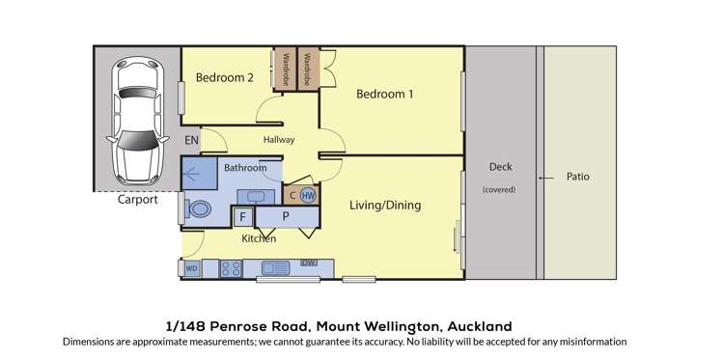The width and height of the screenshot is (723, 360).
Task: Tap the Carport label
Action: coord(138,201)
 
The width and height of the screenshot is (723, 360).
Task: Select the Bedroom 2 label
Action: coord(224,77)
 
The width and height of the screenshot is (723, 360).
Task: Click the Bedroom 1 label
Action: coord(384,94)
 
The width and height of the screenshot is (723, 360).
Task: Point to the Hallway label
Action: coord(279,140)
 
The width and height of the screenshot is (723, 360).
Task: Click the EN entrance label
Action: coord(192,141)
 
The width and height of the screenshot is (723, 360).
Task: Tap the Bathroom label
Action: coord(245,168)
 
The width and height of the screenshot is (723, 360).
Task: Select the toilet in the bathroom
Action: coord(200,207)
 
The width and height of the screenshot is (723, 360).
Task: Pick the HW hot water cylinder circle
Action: coord(308,195)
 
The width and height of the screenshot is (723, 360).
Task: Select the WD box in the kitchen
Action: coord(192,267)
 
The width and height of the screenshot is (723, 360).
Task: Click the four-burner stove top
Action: coord(232,267)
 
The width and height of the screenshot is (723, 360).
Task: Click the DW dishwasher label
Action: coord(309,263)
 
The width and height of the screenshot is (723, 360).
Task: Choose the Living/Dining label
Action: coord(385,206)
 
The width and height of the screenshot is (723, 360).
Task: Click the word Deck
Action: coord(499,167)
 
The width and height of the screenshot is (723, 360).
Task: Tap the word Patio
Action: coord(578,177)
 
